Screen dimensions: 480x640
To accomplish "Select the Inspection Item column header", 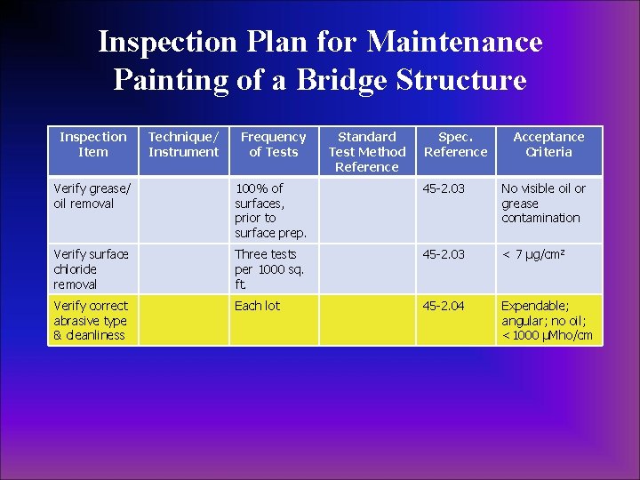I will [x=93, y=144].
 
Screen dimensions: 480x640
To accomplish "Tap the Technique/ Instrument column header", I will [x=183, y=144].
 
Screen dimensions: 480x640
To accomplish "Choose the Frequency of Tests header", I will [x=273, y=144].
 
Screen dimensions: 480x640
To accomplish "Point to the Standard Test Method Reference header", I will [x=367, y=151].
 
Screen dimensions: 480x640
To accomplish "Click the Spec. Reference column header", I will [x=455, y=144].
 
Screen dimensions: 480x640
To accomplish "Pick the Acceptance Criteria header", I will [x=548, y=144].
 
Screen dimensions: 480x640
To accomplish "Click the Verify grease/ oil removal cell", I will [x=92, y=196].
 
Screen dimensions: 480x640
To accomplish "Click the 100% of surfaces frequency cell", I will [x=270, y=210].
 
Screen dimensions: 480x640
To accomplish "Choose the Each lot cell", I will [x=257, y=306].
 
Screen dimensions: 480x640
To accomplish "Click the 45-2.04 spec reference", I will [x=444, y=306].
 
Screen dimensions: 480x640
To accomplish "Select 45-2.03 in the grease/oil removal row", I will [x=444, y=188].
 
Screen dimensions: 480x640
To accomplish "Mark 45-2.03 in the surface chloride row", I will [x=444, y=254].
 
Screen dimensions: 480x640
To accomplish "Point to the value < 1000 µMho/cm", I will [x=547, y=335].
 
